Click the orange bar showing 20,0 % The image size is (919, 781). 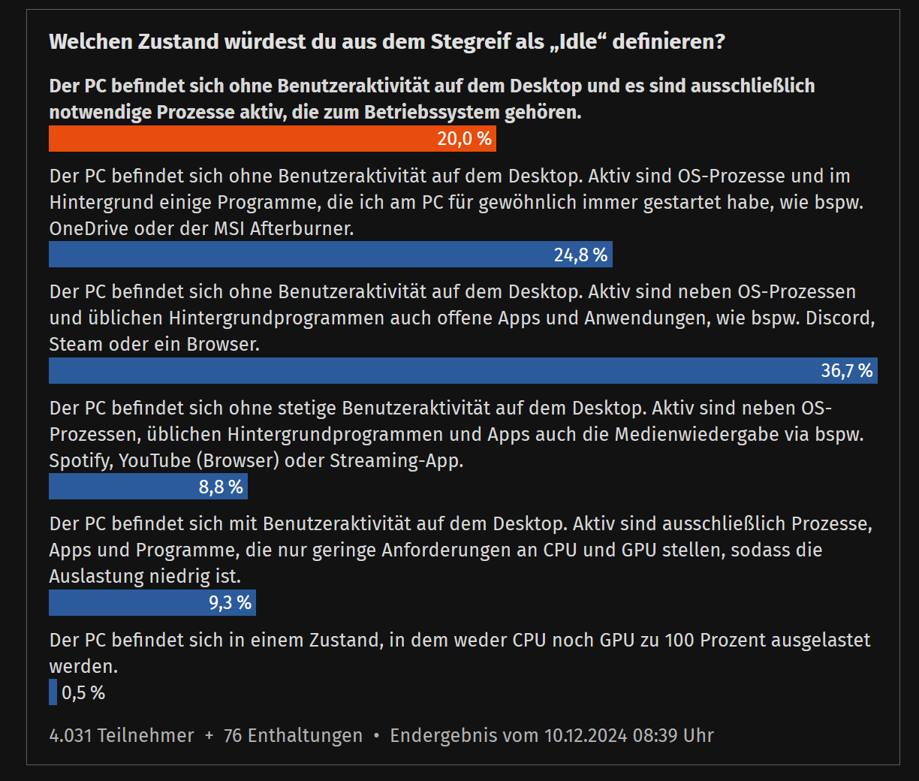(272, 139)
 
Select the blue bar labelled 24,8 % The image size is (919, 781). (330, 255)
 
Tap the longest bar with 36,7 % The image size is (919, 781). (463, 371)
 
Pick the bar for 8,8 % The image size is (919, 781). (148, 487)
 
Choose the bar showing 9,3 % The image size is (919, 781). (152, 603)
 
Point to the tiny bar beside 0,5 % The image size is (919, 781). (53, 692)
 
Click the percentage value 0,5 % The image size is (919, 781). (83, 692)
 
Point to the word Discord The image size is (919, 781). (839, 318)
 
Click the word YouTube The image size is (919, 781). (155, 460)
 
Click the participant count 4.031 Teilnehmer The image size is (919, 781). (122, 735)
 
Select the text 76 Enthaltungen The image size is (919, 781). (293, 735)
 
